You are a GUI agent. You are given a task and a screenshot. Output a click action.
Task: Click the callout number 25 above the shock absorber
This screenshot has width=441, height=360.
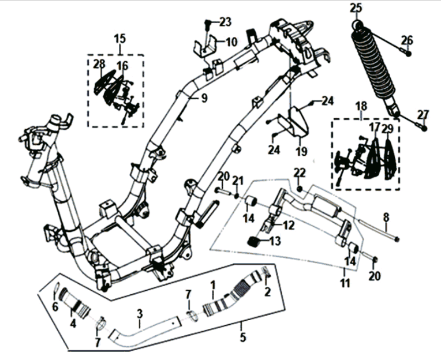pyautogui.click(x=356, y=7)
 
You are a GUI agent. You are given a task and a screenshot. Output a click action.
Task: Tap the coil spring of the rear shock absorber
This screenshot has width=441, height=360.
pyautogui.click(x=374, y=63)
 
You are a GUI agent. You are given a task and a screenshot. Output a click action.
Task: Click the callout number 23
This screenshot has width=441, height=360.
pyautogui.click(x=225, y=22)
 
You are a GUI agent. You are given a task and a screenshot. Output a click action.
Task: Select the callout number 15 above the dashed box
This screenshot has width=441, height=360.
pyautogui.click(x=119, y=39)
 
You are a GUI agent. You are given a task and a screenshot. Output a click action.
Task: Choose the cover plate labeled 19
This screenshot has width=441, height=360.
pyautogui.click(x=294, y=123)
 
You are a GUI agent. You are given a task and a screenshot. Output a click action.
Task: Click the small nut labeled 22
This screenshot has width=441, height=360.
pyautogui.click(x=301, y=188)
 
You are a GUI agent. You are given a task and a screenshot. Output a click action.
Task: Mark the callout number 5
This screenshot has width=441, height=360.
pyautogui.click(x=242, y=337)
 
